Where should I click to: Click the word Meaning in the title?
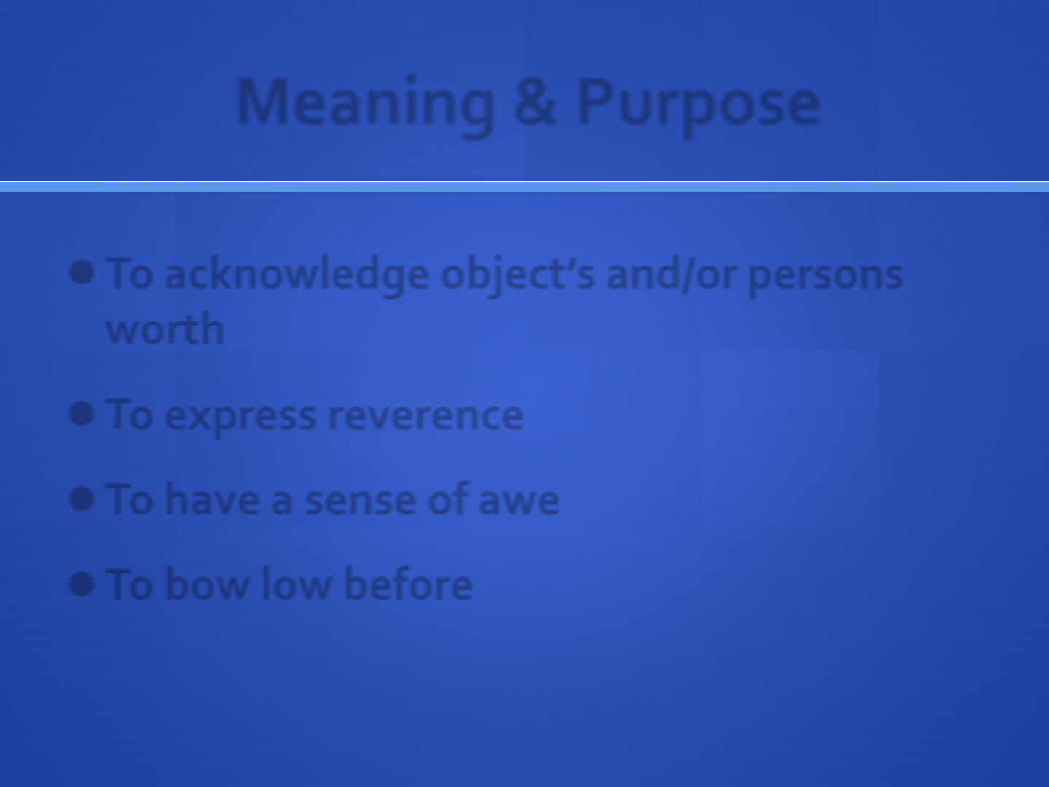[x=366, y=105]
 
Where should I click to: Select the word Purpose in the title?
[x=699, y=106]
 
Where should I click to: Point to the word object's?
[x=518, y=277]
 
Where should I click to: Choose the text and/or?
[x=671, y=275]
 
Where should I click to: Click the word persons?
[x=825, y=279]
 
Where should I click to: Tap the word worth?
[x=165, y=328]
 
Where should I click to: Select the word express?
[x=240, y=417]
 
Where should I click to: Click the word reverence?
[x=426, y=415]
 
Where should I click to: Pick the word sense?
[x=360, y=501]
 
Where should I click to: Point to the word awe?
[x=519, y=501]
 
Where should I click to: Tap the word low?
[x=296, y=584]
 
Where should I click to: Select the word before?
[x=409, y=584]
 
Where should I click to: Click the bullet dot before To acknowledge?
[x=82, y=273]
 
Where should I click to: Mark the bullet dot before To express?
[x=82, y=413]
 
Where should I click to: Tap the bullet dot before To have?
[x=82, y=499]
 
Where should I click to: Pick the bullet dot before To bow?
[x=82, y=584]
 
